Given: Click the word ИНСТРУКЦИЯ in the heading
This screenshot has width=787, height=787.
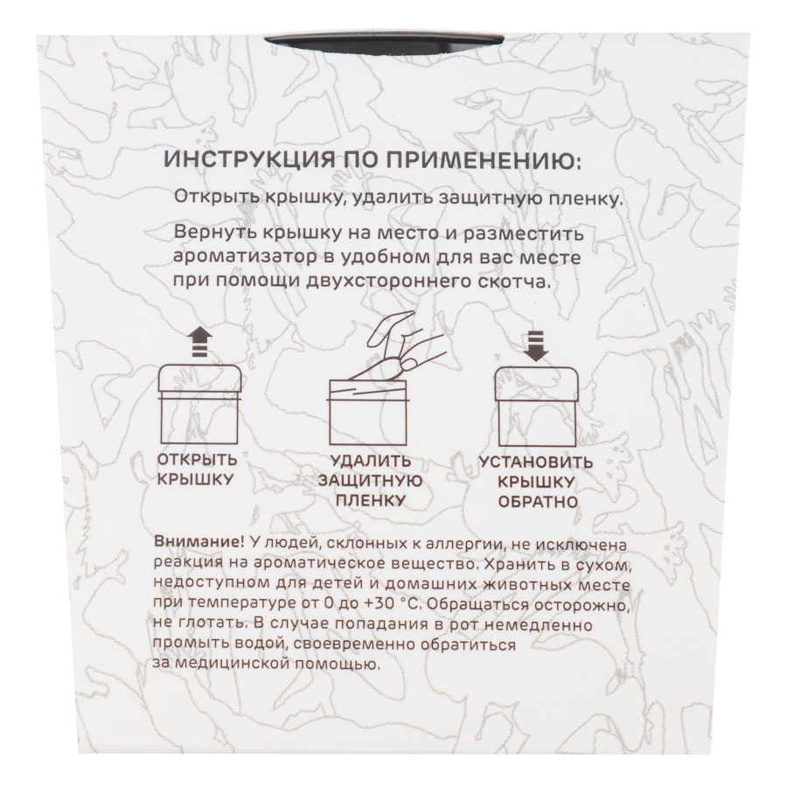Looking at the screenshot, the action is pyautogui.click(x=250, y=161).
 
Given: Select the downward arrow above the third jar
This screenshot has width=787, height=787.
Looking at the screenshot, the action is pyautogui.click(x=536, y=346).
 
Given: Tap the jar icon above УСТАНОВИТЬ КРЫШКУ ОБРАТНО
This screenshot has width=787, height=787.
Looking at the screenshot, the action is pyautogui.click(x=535, y=406).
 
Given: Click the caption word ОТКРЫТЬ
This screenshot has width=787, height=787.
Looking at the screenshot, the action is pyautogui.click(x=198, y=459).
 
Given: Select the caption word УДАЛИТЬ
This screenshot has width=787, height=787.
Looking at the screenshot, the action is pyautogui.click(x=371, y=461).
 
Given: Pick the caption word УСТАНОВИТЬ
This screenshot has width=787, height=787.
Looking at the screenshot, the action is pyautogui.click(x=536, y=462).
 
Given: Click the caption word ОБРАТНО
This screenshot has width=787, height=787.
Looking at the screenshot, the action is pyautogui.click(x=538, y=501).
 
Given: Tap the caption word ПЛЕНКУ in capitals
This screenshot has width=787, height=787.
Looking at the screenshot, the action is pyautogui.click(x=371, y=500).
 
